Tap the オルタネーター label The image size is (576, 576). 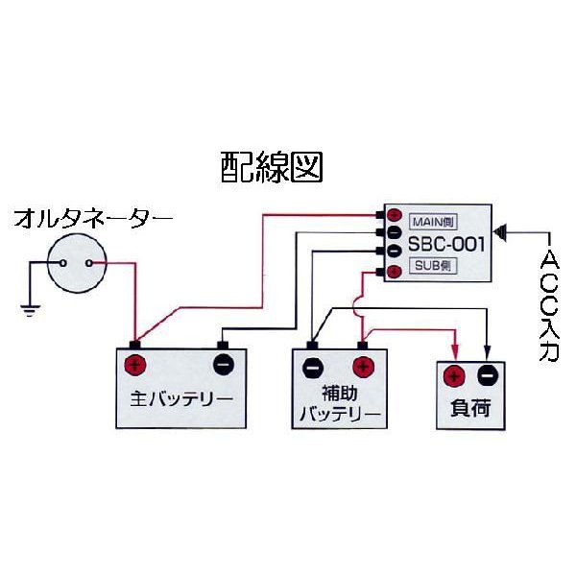tap(93, 220)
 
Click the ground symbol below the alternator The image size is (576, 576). tap(29, 307)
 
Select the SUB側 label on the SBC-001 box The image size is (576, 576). tap(431, 264)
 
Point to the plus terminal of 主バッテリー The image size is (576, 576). tap(135, 365)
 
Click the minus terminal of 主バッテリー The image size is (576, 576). tap(222, 365)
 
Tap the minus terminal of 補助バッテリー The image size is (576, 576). tap(313, 366)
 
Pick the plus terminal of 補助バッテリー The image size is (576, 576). tap(363, 366)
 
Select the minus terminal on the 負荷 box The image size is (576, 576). tap(487, 375)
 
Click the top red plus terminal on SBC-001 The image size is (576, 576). tap(394, 216)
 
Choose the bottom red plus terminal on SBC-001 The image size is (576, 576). tap(394, 273)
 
